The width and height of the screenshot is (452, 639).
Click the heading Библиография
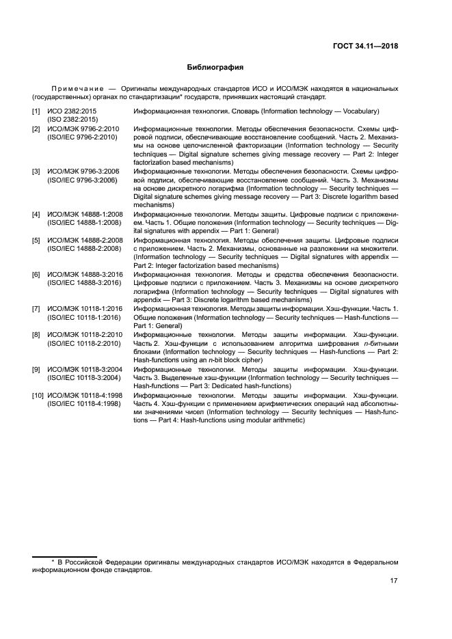(215, 68)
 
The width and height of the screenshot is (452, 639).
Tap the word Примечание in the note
(70, 89)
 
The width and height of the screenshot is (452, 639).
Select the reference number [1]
(36, 111)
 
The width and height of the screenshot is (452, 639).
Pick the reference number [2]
(36, 128)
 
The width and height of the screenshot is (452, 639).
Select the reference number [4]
(36, 215)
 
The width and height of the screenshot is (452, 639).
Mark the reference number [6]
(36, 275)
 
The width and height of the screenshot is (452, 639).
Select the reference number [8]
(36, 335)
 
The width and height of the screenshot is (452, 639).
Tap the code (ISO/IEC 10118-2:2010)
(84, 344)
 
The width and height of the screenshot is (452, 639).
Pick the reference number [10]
(37, 395)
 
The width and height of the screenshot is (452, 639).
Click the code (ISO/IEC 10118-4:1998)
(84, 404)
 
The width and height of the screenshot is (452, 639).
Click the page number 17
(394, 581)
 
